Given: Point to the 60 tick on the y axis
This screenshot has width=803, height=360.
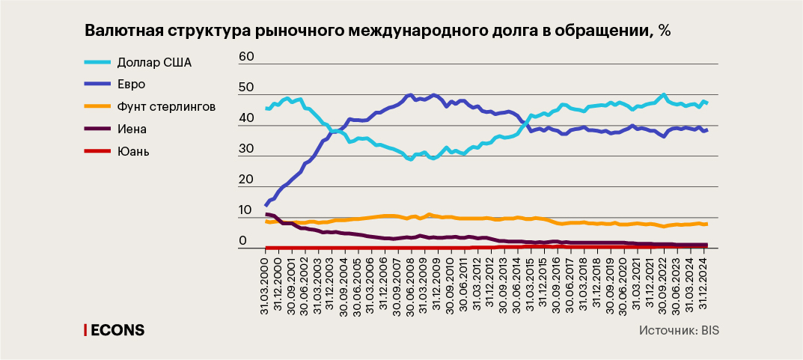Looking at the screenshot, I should (247, 57).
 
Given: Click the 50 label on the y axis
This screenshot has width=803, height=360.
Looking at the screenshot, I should (247, 88).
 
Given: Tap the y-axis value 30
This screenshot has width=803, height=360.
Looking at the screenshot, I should (247, 150).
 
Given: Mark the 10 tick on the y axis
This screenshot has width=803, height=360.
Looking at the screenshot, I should (247, 212).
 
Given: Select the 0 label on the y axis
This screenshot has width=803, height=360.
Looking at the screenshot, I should (242, 242).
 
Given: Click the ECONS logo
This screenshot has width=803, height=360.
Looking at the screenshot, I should (115, 330).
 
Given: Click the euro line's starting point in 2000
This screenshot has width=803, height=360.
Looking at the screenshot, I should (266, 204).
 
